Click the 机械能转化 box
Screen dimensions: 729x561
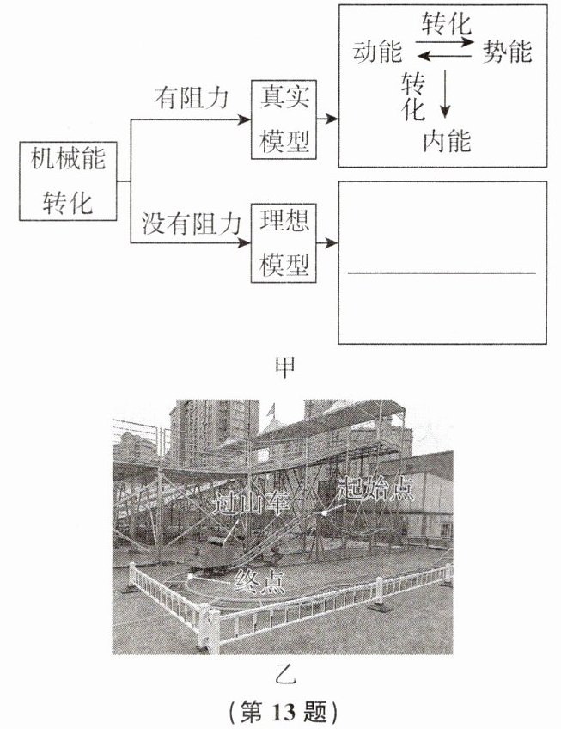click(68, 182)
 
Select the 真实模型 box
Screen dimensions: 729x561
click(284, 119)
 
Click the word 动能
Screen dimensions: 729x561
click(377, 52)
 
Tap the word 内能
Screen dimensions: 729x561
click(447, 139)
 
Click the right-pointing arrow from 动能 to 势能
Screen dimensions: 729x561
click(446, 40)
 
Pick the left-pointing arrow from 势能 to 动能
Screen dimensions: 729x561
click(446, 57)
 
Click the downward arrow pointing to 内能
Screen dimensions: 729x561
click(444, 95)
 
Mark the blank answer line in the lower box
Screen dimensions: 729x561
click(442, 273)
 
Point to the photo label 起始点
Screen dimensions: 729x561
click(376, 490)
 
